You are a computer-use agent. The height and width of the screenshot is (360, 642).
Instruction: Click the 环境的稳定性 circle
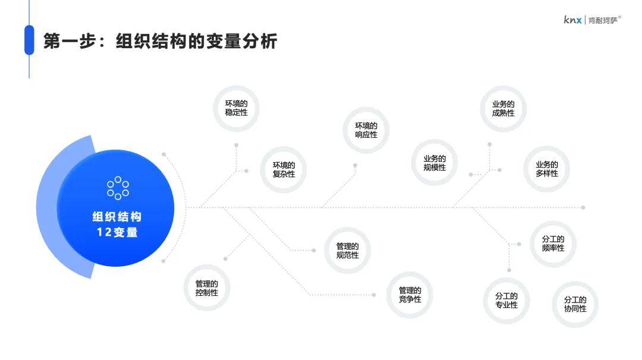pos(236,108)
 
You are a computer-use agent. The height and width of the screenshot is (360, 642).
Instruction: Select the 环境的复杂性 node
pos(284,170)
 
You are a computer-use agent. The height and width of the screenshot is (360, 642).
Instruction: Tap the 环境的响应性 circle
pos(366,130)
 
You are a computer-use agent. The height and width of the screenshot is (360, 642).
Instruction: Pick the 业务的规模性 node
pos(435,163)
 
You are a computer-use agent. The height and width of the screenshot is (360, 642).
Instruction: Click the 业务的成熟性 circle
pos(503,109)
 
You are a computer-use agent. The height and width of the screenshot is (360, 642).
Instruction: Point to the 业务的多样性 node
pos(547,169)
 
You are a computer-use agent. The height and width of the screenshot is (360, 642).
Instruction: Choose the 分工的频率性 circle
pos(553,244)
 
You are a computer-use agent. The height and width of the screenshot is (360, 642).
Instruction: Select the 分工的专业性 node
pos(506,301)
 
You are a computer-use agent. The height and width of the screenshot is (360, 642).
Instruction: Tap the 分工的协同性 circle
pos(575,304)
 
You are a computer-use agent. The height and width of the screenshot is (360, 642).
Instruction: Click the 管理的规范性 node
pos(347,250)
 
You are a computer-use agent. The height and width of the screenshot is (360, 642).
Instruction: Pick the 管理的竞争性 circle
pos(410,295)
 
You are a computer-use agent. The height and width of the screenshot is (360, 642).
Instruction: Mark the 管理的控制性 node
pos(207,288)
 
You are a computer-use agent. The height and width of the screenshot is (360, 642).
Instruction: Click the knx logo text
pos(572,20)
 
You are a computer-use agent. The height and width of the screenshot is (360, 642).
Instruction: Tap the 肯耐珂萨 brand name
pos(603,20)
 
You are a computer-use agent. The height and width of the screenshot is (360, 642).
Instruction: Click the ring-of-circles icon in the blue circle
pos(118,188)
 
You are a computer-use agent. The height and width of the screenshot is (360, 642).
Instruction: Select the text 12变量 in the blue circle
pos(117,232)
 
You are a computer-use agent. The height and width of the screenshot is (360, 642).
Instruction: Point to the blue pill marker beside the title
pos(29,40)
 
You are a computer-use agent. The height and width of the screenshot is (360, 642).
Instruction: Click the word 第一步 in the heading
pos(70,42)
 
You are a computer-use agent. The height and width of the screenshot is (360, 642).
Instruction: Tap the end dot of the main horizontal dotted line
pos(583,208)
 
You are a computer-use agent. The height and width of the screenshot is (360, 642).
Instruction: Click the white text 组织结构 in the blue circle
pos(117,217)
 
